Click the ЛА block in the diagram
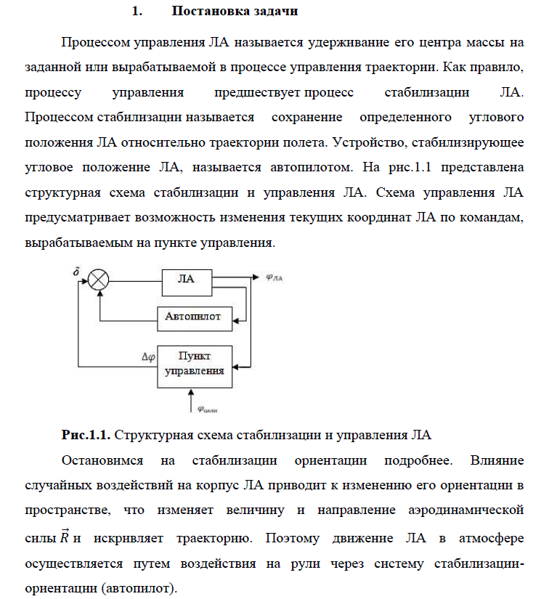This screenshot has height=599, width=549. (x=186, y=280)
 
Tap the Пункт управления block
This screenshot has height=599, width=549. (x=193, y=364)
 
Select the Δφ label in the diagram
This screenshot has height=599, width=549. (x=148, y=356)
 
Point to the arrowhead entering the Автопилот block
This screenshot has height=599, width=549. (x=235, y=317)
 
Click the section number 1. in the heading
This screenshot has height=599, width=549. (x=134, y=12)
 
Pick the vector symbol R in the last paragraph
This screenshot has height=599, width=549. (x=65, y=538)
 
